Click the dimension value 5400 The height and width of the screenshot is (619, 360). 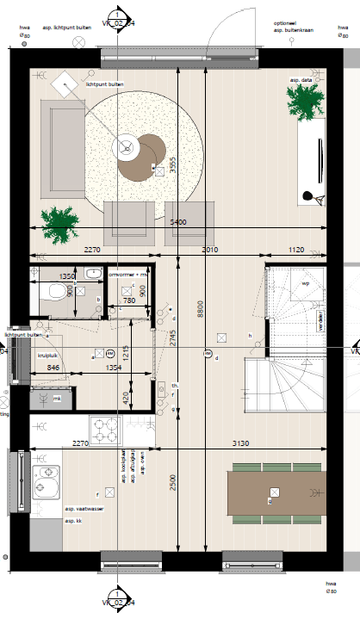178,222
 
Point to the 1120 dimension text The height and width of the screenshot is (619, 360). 295,251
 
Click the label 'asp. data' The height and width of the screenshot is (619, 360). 301,80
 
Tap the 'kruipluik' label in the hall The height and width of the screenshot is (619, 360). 47,353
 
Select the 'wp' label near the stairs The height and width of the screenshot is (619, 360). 305,282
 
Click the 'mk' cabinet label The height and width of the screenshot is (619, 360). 57,398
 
